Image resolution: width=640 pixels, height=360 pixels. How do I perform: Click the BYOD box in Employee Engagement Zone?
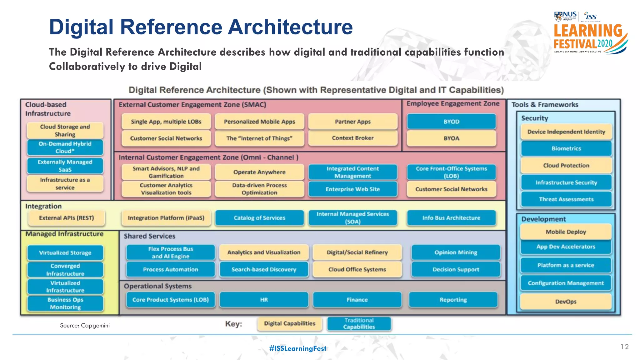[451, 122]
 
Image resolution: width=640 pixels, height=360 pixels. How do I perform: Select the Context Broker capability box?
[352, 138]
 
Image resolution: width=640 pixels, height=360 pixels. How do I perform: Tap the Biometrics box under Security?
[566, 148]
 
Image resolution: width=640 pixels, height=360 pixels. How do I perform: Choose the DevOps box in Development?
[566, 302]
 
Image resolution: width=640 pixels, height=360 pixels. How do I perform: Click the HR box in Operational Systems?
[264, 300]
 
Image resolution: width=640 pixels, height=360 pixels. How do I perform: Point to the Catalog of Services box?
[259, 218]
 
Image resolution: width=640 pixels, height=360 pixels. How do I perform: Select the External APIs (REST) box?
[66, 218]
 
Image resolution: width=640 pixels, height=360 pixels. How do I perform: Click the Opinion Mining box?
[456, 252]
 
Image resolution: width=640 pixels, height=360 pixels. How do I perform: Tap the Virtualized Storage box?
[65, 253]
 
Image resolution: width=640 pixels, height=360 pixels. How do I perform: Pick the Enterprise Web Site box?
[352, 189]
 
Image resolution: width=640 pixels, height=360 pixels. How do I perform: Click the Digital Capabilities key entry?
[289, 323]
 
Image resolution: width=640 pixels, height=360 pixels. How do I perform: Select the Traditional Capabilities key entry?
[359, 323]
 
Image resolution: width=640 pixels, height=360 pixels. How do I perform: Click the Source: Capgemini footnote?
[85, 326]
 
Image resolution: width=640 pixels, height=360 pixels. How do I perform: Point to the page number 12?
[624, 347]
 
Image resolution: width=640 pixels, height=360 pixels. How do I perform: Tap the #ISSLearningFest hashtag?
[297, 348]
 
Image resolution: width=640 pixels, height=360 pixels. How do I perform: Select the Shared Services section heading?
[149, 236]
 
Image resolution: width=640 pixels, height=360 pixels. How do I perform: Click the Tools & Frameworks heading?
[545, 105]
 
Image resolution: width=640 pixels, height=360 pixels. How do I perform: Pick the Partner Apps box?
[352, 122]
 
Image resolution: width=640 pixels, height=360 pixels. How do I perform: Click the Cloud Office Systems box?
[357, 269]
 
